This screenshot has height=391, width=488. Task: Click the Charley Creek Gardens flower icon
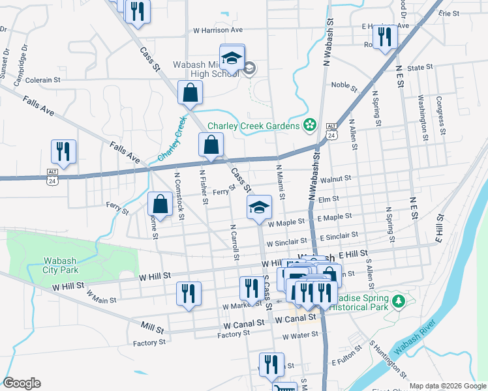click(310, 125)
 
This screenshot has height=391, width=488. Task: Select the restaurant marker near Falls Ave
click(63, 152)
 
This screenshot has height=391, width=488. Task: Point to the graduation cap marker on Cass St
click(259, 209)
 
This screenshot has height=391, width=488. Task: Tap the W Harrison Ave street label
click(218, 30)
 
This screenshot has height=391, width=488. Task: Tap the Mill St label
click(151, 324)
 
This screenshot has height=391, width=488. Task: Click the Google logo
click(22, 383)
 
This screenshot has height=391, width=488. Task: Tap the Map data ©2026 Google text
click(447, 386)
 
